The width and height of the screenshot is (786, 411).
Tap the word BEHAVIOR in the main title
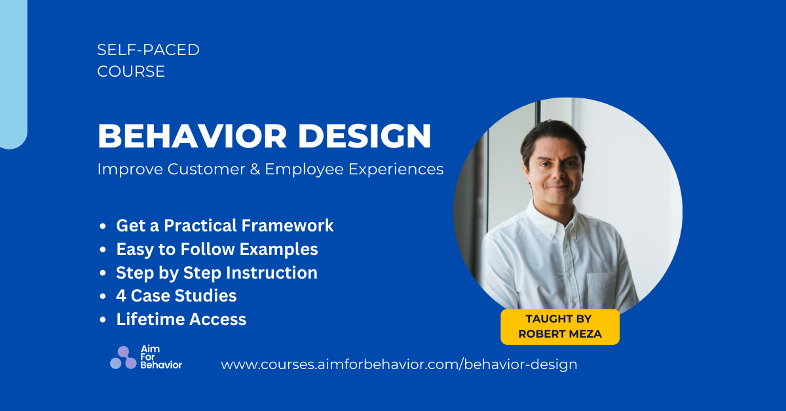[x=191, y=136]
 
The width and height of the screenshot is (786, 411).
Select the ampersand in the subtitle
[x=253, y=169]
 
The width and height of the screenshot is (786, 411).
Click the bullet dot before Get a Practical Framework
[x=103, y=227]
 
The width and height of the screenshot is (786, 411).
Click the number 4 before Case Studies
[x=121, y=296]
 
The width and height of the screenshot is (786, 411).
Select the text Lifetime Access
[x=181, y=319]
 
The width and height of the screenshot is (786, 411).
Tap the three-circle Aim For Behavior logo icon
[x=123, y=358]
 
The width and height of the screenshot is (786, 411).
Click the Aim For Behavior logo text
[x=160, y=357]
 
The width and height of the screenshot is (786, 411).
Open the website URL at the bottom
[x=399, y=364]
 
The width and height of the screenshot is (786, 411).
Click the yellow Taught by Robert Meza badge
[x=559, y=326]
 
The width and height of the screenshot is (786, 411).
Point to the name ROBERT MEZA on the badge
[x=559, y=334]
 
